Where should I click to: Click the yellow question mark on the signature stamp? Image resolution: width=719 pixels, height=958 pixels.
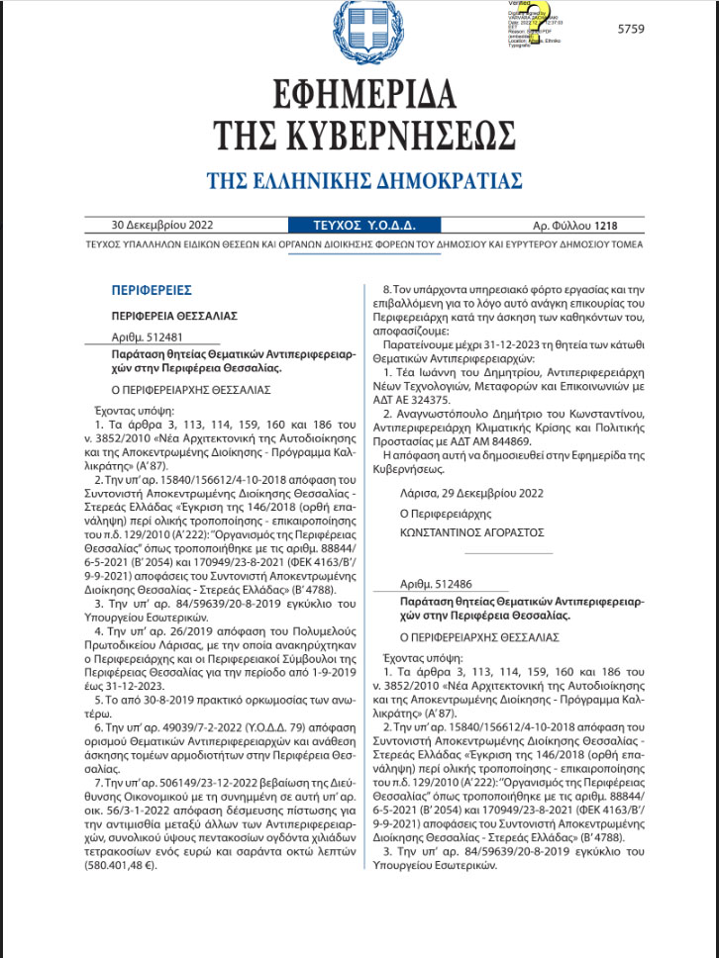click(x=538, y=18)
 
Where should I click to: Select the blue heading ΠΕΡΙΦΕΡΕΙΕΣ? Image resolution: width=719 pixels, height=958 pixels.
click(x=152, y=290)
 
